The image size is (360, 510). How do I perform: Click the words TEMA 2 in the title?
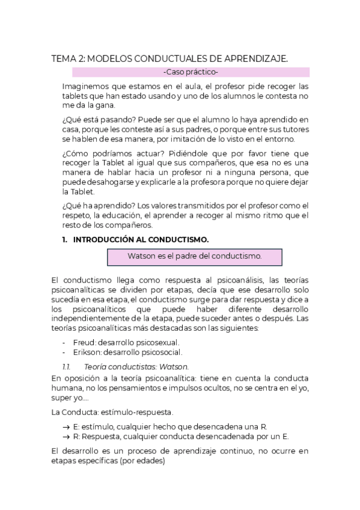(x=68, y=58)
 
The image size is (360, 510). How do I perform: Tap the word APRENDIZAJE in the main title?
(x=252, y=58)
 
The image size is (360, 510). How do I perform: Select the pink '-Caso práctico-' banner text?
(x=191, y=72)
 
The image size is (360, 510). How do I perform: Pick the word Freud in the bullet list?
(x=84, y=342)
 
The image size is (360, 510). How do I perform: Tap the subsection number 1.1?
(x=67, y=366)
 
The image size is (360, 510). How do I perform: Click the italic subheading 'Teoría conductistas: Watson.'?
(x=136, y=366)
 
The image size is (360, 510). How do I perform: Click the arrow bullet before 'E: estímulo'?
(x=66, y=426)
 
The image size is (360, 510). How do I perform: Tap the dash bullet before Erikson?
(x=64, y=352)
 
